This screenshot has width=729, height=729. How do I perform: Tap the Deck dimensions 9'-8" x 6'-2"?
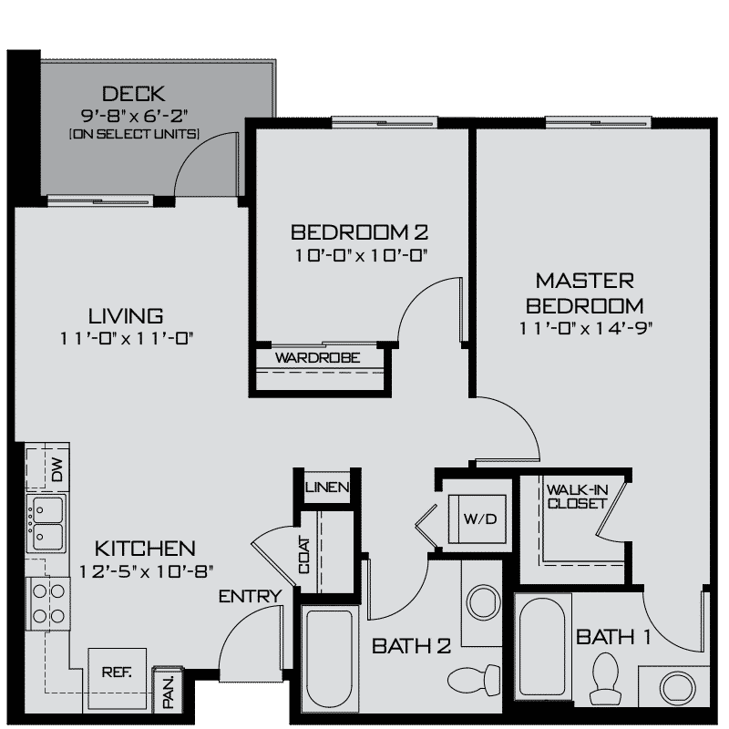139,116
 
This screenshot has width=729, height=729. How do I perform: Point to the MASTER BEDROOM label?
583,292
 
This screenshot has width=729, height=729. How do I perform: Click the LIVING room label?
126,316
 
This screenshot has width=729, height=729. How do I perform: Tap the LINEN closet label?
327,488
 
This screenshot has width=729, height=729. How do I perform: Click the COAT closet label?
304,557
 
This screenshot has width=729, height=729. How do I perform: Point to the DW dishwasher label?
56,472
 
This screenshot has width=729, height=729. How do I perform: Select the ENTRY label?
249,598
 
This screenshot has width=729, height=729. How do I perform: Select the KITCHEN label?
145,549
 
